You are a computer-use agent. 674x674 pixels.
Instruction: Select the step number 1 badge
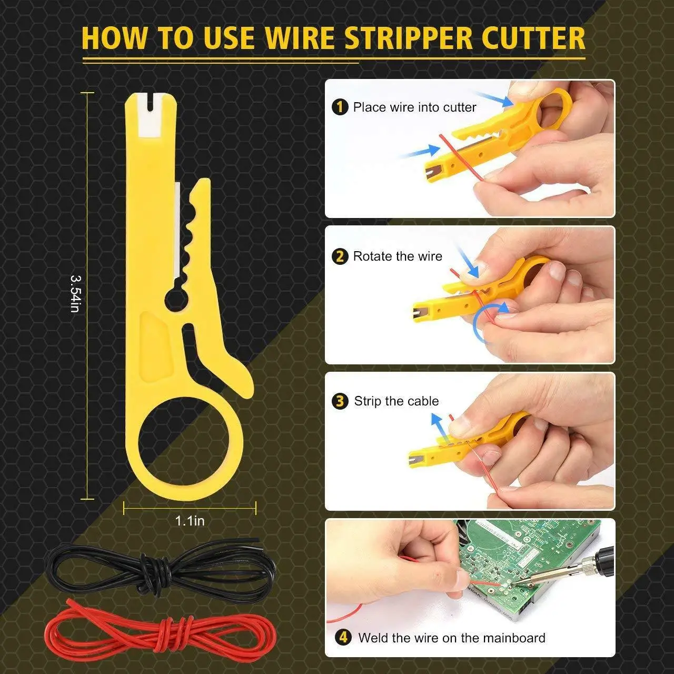coord(340,107)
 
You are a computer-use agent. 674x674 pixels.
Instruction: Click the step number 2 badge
coord(340,256)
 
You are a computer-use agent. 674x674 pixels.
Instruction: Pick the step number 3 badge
coord(340,401)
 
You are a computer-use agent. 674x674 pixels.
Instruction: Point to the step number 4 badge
coord(343,638)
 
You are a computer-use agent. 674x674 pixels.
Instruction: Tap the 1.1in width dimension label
coord(190,521)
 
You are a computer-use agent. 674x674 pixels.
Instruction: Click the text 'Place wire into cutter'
coord(414,107)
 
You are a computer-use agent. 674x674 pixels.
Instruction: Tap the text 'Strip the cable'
coord(396,401)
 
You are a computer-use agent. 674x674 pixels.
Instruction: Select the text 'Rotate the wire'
coord(398,256)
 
